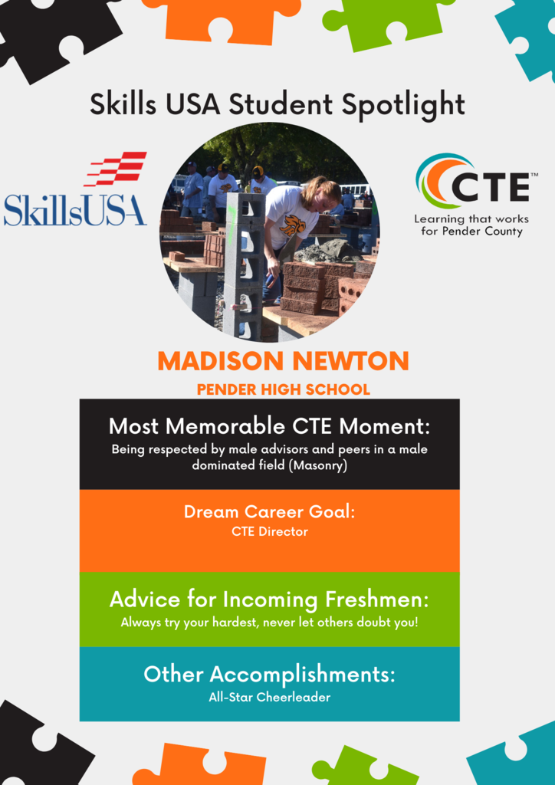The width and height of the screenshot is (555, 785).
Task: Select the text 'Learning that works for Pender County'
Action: pos(471,225)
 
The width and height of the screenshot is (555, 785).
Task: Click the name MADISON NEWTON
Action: pos(284,362)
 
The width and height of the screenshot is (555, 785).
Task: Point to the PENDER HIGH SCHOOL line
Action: pos(284,389)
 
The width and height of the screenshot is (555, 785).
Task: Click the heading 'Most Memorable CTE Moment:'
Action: pos(270,426)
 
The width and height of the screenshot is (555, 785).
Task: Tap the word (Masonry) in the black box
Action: pos(320,465)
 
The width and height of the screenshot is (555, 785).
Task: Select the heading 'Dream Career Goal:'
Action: pos(270,512)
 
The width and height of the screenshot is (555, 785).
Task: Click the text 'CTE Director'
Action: pos(270,532)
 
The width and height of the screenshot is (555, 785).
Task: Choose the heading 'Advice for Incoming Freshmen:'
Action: pos(270,599)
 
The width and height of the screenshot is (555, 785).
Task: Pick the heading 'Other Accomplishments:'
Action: pos(269,675)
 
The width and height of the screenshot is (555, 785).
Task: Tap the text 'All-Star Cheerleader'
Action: pos(270,697)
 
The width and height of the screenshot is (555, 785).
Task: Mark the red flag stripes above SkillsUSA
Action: pos(116,169)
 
